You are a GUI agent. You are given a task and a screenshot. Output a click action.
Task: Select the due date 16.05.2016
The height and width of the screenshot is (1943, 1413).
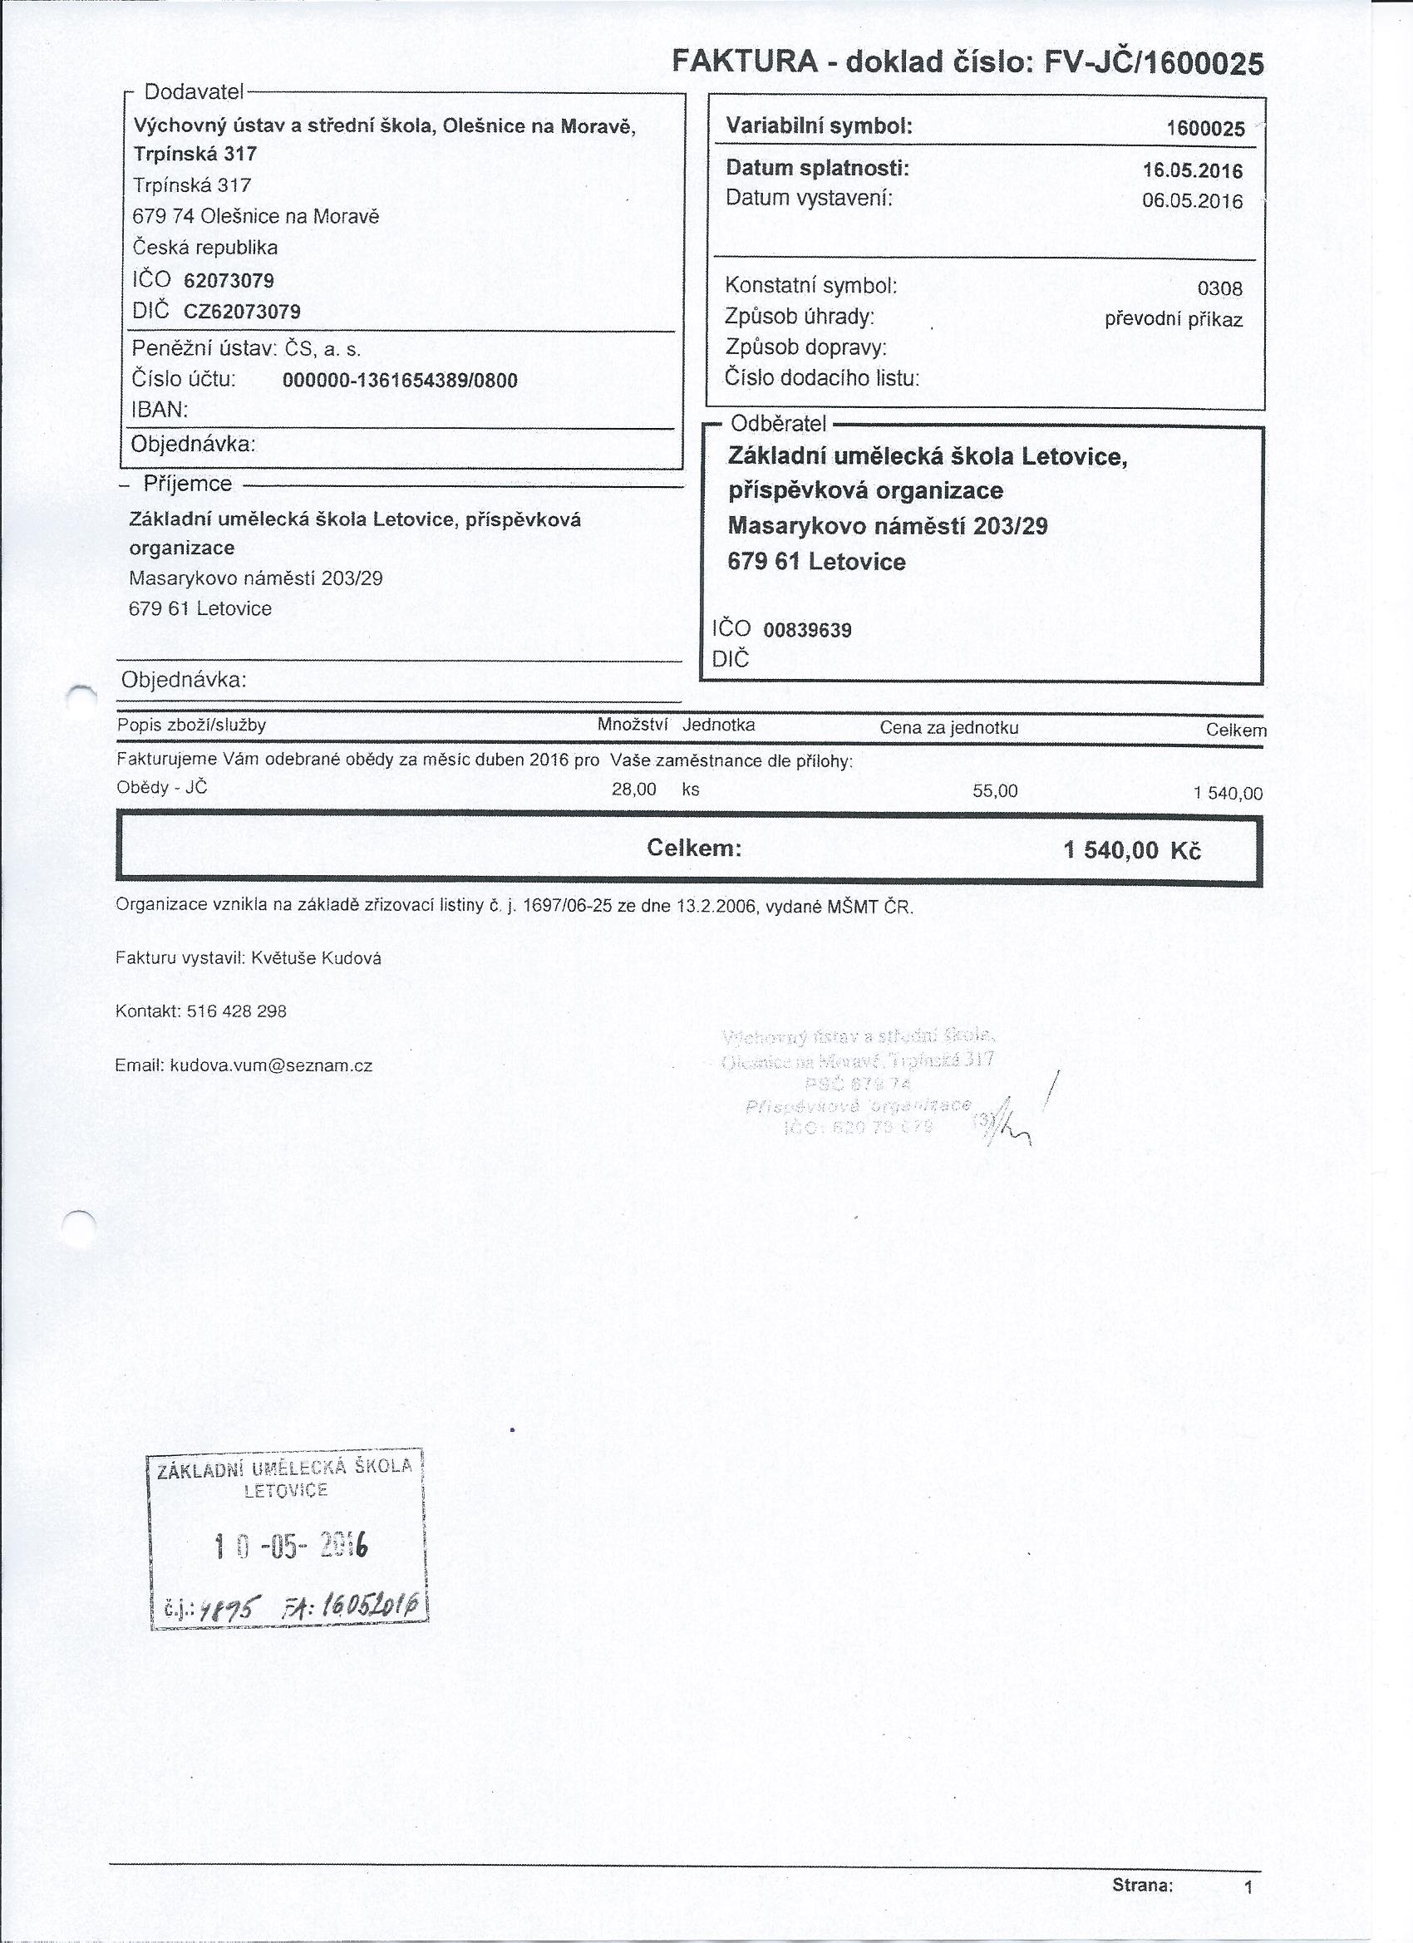1192,170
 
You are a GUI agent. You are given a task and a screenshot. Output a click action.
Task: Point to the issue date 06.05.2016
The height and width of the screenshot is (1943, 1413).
1192,201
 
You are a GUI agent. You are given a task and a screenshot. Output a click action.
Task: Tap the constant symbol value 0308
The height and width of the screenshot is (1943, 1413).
1220,289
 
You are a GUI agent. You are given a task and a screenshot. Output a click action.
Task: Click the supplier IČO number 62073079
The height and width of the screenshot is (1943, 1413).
229,280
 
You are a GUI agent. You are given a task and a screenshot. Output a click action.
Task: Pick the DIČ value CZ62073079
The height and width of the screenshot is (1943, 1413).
242,311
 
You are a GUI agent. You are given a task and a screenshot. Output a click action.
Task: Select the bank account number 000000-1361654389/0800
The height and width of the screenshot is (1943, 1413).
400,381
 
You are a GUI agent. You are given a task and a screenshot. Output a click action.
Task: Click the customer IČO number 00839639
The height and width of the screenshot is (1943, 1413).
807,631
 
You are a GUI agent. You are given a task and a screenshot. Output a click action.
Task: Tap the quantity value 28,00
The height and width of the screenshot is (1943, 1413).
633,789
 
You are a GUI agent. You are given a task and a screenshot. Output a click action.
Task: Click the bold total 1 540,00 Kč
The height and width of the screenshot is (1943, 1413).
1132,851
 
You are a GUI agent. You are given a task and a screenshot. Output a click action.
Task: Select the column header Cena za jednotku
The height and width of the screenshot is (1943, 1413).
948,728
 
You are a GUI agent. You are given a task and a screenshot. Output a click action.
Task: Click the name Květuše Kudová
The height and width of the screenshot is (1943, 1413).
316,959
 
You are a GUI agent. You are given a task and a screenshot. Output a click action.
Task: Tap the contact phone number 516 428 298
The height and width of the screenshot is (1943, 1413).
236,1011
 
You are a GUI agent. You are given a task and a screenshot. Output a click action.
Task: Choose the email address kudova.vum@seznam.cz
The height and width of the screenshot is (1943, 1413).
271,1066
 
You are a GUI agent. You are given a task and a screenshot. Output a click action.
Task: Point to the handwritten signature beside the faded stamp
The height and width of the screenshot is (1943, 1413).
1011,1122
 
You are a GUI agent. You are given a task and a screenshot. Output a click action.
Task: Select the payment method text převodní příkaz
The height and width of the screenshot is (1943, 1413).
1173,321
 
